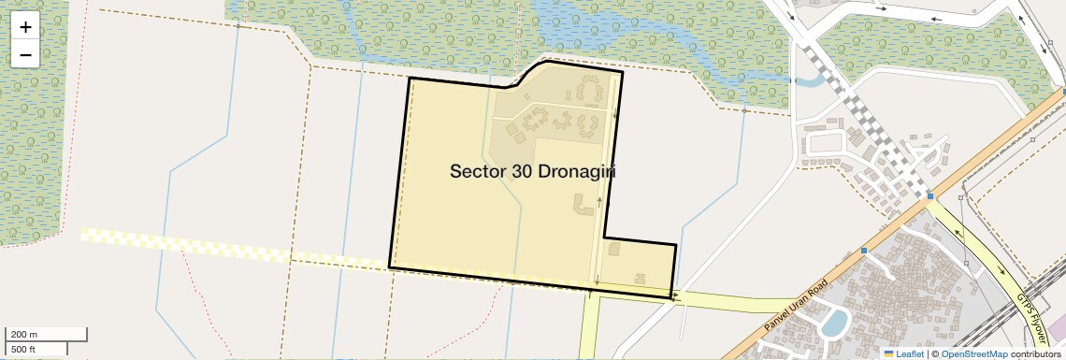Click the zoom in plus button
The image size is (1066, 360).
[x=25, y=26]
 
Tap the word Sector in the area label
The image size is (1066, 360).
[x=479, y=172]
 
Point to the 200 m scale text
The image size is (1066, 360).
[x=24, y=334]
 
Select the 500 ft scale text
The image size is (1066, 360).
[x=24, y=350]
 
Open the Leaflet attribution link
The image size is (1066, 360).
[x=909, y=353]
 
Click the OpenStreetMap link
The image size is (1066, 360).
[x=973, y=353]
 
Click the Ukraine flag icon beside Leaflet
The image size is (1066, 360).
[x=889, y=353]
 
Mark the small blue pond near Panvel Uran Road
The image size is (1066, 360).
[x=834, y=323]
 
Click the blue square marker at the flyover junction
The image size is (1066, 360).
[x=930, y=196]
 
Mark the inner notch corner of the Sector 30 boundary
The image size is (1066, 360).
[x=604, y=237]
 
